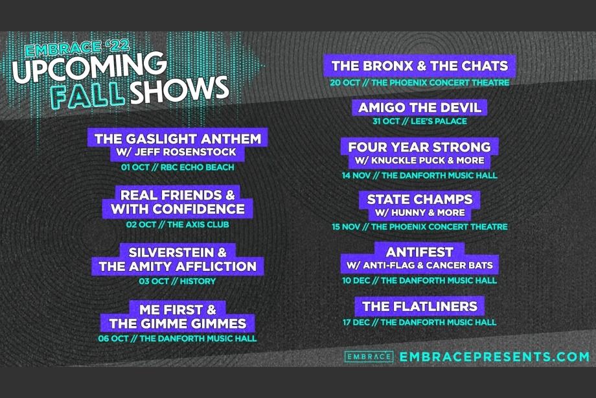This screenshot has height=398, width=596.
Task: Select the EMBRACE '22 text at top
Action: point(78,47)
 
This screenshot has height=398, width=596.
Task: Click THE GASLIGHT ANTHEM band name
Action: point(178,139)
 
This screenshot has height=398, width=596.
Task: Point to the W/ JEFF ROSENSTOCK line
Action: point(176,152)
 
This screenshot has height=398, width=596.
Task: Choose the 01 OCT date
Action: point(135,167)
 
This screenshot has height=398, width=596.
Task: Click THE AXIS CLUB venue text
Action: point(198,224)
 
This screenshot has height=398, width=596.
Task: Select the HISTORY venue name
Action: point(198,281)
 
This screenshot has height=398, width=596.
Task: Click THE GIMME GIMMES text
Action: point(178,323)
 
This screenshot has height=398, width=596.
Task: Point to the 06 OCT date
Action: point(113,338)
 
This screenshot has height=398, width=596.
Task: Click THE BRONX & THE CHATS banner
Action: point(420,66)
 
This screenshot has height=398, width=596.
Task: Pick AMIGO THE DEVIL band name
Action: point(420,108)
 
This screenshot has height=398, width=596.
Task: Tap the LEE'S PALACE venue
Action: point(439,121)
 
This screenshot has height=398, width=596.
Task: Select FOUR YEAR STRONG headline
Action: point(420,147)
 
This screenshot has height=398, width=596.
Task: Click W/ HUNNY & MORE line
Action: point(420,213)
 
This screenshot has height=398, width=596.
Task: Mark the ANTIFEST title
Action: point(420,252)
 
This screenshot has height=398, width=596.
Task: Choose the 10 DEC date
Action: point(356,281)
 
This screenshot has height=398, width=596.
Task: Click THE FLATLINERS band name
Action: point(420,307)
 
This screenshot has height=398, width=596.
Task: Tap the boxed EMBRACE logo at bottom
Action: point(369,357)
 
